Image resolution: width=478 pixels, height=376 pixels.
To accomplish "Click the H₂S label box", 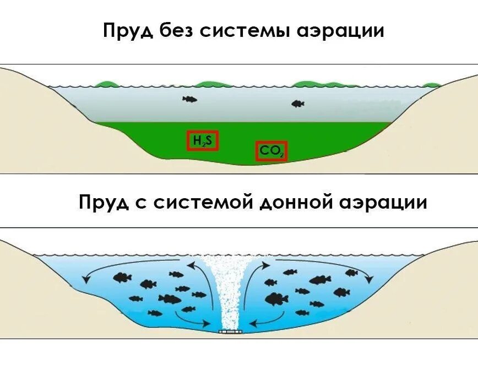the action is [202, 141].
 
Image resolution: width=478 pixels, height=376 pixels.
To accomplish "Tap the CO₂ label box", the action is [271, 151].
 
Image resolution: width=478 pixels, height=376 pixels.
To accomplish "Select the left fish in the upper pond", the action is [189, 99].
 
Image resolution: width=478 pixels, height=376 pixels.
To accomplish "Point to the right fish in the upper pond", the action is [297, 103].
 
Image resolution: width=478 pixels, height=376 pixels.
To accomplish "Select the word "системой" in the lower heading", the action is [203, 202].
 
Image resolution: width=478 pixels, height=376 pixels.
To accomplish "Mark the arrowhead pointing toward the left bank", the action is [86, 280].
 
